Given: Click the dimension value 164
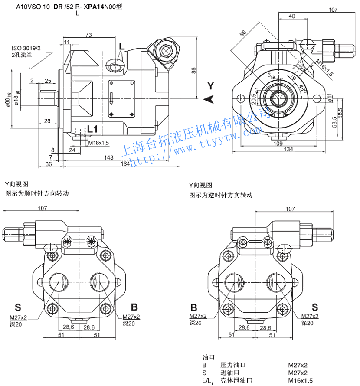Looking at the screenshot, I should pyautogui.click(x=125, y=164).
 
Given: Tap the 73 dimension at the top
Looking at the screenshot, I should pyautogui.click(x=88, y=35).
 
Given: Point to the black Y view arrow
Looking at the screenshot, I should pyautogui.click(x=209, y=99).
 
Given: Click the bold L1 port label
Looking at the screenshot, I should pyautogui.click(x=92, y=129).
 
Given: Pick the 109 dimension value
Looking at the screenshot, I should pyautogui.click(x=278, y=143).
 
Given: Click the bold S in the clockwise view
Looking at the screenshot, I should pyautogui.click(x=18, y=307).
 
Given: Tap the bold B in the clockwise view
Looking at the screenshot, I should pyautogui.click(x=134, y=307).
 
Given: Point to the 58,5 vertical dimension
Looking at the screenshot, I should pyautogui.click(x=340, y=115).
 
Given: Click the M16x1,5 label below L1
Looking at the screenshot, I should pyautogui.click(x=98, y=143).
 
